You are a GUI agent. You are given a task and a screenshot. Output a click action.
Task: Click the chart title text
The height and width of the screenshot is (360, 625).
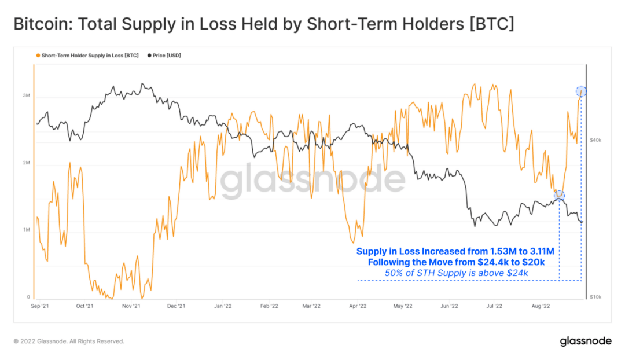pyautogui.click(x=263, y=24)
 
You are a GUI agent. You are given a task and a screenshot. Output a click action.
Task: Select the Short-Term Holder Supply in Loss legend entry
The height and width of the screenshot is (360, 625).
pyautogui.click(x=87, y=56)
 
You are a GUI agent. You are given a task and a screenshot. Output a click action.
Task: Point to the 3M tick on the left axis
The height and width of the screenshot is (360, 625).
pyautogui.click(x=26, y=95)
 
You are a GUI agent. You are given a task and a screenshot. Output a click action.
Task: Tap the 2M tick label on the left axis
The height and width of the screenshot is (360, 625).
pyautogui.click(x=26, y=163)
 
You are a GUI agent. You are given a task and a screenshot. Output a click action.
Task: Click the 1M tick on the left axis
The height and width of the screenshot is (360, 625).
pyautogui.click(x=26, y=230)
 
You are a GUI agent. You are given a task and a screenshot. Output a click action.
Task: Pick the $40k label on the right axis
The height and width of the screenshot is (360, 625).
pyautogui.click(x=595, y=140)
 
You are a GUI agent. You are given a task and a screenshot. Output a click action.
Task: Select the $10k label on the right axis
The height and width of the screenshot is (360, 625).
pyautogui.click(x=595, y=297)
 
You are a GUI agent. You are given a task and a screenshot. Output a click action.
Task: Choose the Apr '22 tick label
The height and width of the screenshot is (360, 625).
pyautogui.click(x=358, y=306)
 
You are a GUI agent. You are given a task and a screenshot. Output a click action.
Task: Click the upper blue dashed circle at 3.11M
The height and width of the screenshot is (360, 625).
pyautogui.click(x=581, y=91)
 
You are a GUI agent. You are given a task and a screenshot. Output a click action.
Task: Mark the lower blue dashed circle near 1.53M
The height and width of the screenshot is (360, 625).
pyautogui.click(x=560, y=196)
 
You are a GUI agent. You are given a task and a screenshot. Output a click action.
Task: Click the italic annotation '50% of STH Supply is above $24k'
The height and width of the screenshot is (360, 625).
pyautogui.click(x=457, y=273)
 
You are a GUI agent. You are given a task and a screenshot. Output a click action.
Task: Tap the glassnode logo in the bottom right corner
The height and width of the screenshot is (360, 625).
pyautogui.click(x=585, y=341)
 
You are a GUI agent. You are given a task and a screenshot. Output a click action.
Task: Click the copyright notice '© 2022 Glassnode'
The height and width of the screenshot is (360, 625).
pyautogui.click(x=68, y=341)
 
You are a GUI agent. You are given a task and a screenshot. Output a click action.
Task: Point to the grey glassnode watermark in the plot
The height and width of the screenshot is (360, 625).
pyautogui.click(x=312, y=181)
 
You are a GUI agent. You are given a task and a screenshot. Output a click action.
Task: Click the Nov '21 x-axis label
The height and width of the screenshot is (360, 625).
pyautogui.click(x=132, y=306)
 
